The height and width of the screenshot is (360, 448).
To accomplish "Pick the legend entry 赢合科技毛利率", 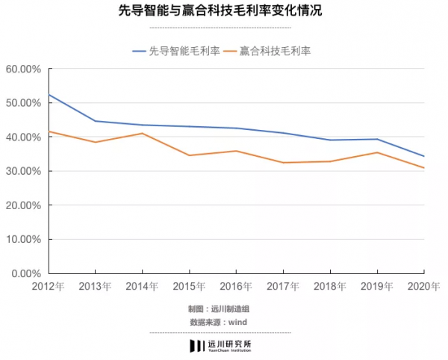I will [x=274, y=51].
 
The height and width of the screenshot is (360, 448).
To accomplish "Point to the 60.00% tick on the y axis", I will [x=23, y=69].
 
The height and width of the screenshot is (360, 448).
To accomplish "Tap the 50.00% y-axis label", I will [x=23, y=103].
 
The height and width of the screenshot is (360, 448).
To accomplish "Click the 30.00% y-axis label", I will [x=23, y=171].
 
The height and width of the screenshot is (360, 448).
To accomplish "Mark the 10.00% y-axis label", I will [x=23, y=239].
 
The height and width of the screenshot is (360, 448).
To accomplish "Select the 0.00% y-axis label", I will [x=25, y=273].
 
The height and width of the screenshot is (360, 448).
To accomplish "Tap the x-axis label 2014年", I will [x=142, y=287].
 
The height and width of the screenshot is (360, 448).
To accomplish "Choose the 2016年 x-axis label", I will [x=236, y=287].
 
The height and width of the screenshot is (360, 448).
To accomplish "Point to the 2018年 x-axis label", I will [x=331, y=287].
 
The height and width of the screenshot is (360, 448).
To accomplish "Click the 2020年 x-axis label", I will [x=425, y=287].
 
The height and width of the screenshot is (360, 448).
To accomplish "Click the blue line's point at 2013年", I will [x=95, y=121].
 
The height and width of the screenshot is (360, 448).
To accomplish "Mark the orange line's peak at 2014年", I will [x=142, y=133].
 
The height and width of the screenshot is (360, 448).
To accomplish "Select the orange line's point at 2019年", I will [x=378, y=152].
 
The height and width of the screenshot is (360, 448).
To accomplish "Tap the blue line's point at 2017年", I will [x=284, y=133].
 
